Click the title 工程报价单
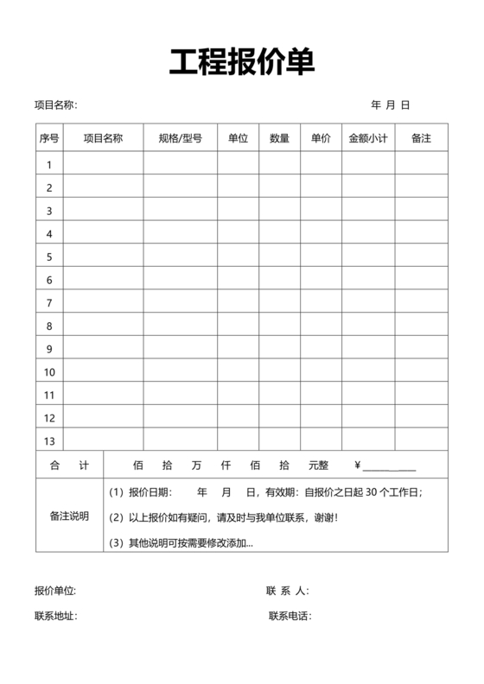241,62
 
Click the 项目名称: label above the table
56,105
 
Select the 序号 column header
49,138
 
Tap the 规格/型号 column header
181,138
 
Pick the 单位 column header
238,138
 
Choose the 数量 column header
279,138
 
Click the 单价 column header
321,138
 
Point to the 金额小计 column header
368,138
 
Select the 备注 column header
421,138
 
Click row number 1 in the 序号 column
49,164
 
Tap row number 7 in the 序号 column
49,303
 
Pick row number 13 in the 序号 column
49,418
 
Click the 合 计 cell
69,465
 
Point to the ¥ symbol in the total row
358,465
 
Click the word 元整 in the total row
319,465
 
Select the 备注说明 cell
69,516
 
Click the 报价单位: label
55,592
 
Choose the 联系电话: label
290,617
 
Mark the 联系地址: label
55,617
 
